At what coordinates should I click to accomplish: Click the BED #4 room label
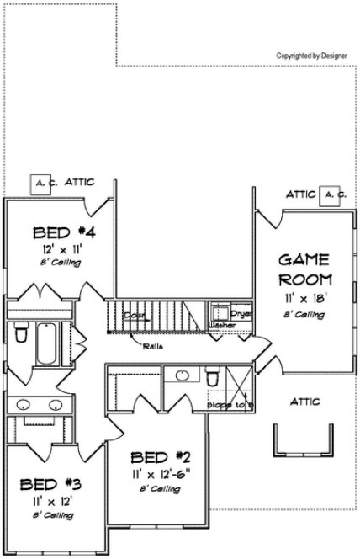click(x=57, y=232)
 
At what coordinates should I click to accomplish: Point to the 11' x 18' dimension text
click(x=303, y=299)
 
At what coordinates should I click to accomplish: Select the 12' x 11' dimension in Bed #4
click(x=56, y=249)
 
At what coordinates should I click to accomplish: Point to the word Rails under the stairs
click(x=152, y=345)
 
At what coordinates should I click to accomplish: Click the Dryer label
click(x=241, y=312)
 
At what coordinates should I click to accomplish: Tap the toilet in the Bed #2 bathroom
click(x=212, y=376)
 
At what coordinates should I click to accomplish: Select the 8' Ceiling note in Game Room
click(x=303, y=316)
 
